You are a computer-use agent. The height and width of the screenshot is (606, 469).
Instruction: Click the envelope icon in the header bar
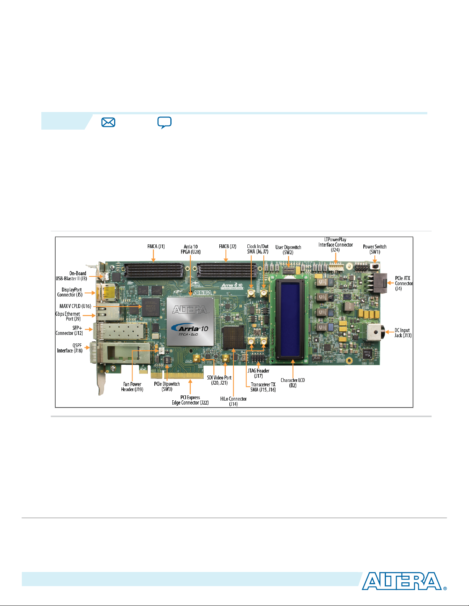coord(108,122)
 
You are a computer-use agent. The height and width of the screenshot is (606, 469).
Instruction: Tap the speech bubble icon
coord(164,123)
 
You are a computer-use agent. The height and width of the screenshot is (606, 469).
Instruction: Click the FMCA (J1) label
coord(156,247)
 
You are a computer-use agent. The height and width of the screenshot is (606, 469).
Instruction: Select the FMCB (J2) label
coord(227,247)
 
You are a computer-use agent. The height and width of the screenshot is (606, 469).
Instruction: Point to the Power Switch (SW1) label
coord(374,249)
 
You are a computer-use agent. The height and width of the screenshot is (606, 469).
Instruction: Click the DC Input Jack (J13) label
coord(403,333)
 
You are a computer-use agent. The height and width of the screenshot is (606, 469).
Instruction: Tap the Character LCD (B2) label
coord(293,383)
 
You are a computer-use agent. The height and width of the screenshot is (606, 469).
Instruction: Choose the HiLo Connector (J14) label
coord(233,401)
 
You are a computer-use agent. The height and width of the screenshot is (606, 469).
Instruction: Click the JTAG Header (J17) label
coord(258,373)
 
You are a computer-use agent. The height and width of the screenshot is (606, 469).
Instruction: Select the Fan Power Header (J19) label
coord(132,387)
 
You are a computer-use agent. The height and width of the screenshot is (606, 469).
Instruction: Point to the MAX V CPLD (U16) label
coord(75,306)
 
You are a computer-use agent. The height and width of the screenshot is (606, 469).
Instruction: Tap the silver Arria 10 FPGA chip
coord(190,321)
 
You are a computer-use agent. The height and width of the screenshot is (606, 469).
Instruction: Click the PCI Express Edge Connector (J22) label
coord(190,400)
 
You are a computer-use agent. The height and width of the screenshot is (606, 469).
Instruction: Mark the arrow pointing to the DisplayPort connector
coord(89,293)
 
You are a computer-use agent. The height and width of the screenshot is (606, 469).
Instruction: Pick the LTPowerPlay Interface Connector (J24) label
coord(335,245)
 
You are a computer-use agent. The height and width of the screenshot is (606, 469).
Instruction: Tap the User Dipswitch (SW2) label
coord(288,250)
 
